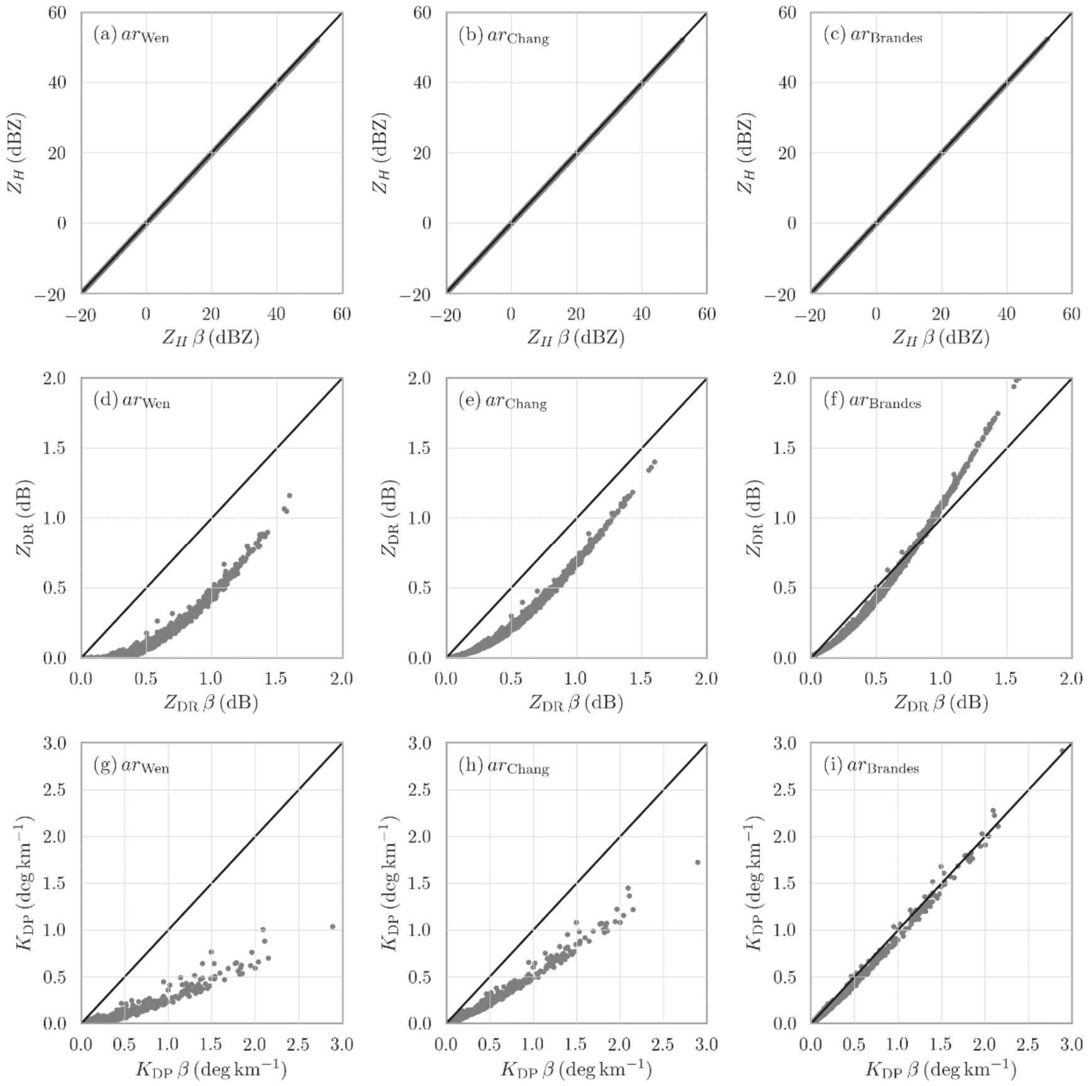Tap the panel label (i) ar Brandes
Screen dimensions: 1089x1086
click(x=871, y=766)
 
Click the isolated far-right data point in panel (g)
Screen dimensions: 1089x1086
click(x=332, y=926)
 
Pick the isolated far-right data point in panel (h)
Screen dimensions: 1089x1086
click(x=698, y=862)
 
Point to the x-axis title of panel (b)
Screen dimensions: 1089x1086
click(x=576, y=338)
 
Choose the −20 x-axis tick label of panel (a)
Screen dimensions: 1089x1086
click(x=80, y=314)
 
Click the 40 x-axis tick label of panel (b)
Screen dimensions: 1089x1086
click(x=641, y=314)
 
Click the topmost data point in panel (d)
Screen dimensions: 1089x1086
click(x=290, y=496)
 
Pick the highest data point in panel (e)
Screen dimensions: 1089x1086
click(x=654, y=462)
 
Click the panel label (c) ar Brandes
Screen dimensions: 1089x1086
click(x=873, y=35)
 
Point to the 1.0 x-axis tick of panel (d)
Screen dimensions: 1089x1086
click(x=211, y=679)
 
